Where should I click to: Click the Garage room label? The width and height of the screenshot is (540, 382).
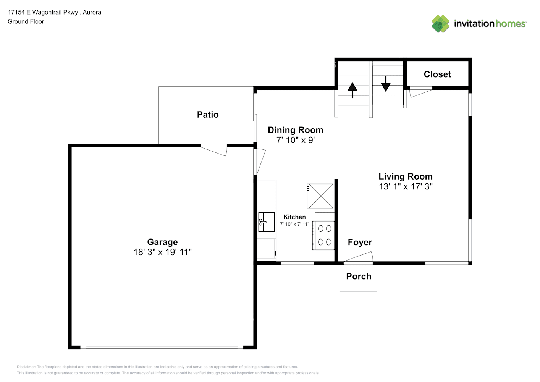[162, 242]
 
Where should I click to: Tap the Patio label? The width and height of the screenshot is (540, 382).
[208, 115]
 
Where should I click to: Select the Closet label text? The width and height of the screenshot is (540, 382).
[437, 74]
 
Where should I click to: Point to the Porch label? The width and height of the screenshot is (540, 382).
[359, 276]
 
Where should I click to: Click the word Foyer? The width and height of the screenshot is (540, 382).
[360, 242]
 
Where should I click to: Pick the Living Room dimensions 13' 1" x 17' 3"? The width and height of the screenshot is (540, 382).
[406, 187]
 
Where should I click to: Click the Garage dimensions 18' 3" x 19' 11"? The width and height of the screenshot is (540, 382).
[162, 252]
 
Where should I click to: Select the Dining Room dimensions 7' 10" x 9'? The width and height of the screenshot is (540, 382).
[296, 140]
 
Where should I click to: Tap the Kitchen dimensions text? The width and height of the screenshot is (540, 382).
[294, 224]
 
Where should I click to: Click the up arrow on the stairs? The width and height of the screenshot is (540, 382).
[352, 90]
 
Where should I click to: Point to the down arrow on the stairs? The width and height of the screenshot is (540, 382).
[386, 84]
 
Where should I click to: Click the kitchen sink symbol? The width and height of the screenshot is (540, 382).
[267, 222]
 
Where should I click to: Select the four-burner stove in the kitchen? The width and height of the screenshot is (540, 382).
[323, 235]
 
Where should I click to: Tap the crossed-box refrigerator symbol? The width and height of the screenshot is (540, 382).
[320, 196]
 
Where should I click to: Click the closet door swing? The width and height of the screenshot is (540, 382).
[421, 92]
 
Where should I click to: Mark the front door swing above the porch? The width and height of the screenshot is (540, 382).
[358, 257]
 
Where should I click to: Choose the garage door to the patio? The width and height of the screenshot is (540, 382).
[214, 150]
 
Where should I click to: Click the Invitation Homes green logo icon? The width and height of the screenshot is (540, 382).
[440, 24]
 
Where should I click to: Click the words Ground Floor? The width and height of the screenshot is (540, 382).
[26, 21]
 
